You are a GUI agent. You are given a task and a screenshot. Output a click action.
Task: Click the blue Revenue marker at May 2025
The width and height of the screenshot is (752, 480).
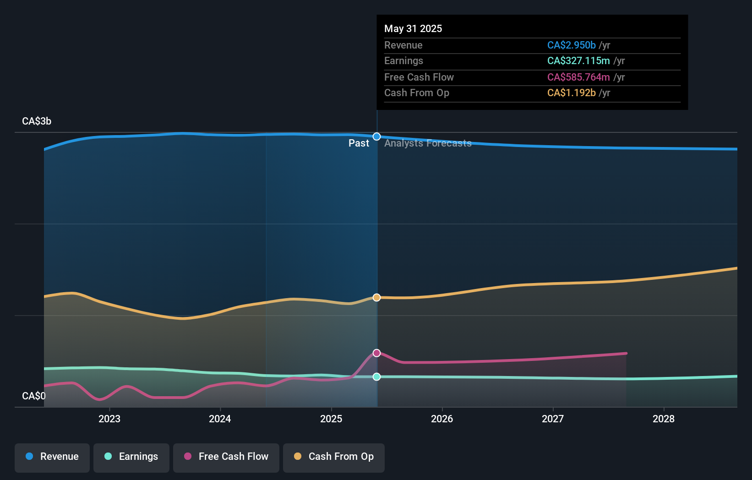point(376,136)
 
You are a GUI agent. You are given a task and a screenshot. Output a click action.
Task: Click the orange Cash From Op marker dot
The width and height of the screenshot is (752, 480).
point(376,297)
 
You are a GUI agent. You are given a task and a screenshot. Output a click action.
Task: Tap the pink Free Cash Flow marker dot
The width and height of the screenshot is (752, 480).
point(376,353)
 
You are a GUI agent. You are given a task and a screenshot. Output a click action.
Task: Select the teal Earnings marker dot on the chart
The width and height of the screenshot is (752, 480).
point(376,376)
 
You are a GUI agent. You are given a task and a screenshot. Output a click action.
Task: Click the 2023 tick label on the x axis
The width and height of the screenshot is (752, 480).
point(109,419)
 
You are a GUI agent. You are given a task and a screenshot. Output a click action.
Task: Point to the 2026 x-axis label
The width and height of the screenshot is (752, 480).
point(442,419)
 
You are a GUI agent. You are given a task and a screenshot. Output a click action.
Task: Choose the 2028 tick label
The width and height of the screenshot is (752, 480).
point(664,419)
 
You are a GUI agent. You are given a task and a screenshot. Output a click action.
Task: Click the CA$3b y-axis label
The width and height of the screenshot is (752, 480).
point(37,121)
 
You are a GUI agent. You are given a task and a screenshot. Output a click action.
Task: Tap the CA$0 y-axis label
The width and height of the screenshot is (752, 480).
point(34,396)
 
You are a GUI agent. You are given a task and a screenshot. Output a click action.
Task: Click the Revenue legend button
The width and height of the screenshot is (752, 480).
point(52,457)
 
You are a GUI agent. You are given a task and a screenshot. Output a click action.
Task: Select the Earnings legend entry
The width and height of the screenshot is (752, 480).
point(131,457)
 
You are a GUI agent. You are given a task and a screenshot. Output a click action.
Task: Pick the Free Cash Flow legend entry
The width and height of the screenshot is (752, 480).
point(226,457)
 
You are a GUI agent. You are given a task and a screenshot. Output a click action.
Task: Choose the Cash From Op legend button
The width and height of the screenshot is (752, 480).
point(334,457)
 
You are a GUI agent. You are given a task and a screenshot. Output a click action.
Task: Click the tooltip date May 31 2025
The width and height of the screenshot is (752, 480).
point(413,28)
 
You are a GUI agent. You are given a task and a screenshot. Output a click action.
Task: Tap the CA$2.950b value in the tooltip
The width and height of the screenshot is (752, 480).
point(571,45)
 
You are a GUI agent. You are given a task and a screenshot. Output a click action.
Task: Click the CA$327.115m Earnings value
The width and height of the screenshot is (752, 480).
point(578,61)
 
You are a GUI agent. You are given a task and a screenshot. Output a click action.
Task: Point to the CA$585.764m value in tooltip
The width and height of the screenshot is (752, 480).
point(578,77)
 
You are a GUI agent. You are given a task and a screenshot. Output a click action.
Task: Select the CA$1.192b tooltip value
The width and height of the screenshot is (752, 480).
point(571,93)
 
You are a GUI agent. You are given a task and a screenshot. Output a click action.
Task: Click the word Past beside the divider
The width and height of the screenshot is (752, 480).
point(359,143)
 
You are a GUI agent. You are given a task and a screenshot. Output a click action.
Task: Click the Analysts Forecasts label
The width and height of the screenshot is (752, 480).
point(428,143)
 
